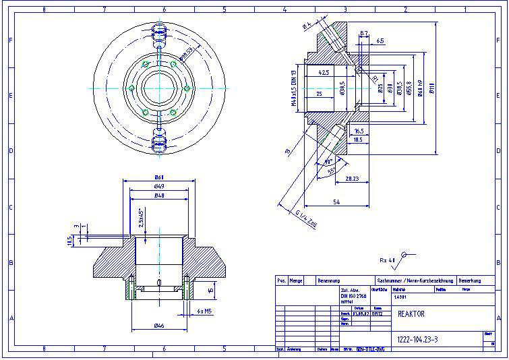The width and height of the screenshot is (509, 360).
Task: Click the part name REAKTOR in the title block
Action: coord(411,313)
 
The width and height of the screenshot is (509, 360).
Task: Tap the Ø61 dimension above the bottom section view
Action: coord(159,177)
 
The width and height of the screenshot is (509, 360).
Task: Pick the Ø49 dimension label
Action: coord(159,186)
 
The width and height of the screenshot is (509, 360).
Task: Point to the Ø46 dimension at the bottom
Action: coord(159,326)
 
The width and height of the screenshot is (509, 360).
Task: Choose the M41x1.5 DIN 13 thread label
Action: coord(294,88)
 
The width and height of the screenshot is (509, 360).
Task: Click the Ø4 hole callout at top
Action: coord(307,26)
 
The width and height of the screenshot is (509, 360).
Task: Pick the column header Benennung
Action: coord(330,280)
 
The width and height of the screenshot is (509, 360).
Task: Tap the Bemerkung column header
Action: coord(471,280)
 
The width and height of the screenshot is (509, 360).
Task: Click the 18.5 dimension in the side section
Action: coord(358,140)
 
